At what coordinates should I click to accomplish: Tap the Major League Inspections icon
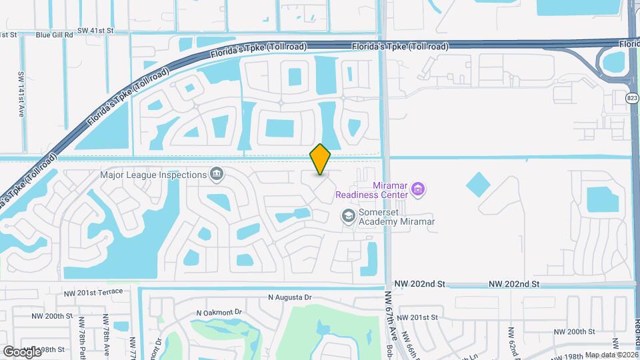(x=217, y=175)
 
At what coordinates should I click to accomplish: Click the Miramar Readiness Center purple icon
(x=417, y=189)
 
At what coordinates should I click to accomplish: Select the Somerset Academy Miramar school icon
(x=347, y=215)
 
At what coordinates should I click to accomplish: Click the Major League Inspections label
(x=153, y=175)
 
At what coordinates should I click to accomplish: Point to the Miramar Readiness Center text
(x=371, y=189)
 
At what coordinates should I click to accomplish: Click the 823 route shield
(x=632, y=98)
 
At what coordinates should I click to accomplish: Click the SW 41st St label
(x=96, y=31)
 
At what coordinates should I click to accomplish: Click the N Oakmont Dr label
(x=219, y=312)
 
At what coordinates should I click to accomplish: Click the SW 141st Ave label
(x=21, y=95)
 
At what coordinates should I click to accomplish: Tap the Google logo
(x=22, y=351)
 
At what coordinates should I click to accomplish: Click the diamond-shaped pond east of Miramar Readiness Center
(x=478, y=184)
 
